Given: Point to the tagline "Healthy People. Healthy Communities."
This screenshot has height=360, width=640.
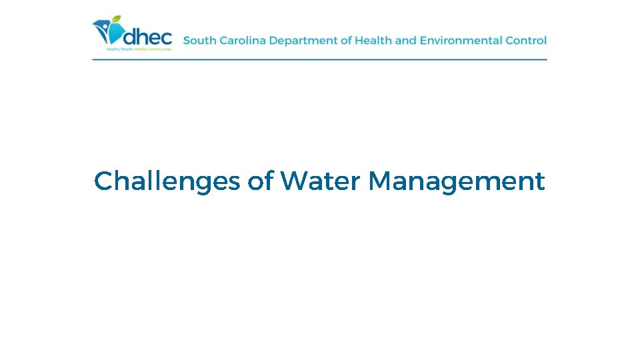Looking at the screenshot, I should [139, 49].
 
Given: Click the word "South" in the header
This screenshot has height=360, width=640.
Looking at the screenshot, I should [199, 41].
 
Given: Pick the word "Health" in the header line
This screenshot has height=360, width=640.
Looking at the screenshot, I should [373, 41].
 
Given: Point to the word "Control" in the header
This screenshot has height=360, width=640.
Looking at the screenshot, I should [526, 41].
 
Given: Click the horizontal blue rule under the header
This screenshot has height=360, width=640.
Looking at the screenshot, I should [319, 59].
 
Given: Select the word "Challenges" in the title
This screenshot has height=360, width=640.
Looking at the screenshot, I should [167, 181].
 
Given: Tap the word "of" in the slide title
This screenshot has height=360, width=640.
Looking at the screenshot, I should [261, 181].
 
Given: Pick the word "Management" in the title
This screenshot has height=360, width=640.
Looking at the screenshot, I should [457, 181].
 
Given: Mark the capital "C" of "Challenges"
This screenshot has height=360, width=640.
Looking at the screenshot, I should [103, 181].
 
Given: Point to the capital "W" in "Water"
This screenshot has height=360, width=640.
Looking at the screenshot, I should [294, 181].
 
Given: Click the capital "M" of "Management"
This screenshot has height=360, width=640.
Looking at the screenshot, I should [381, 181].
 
